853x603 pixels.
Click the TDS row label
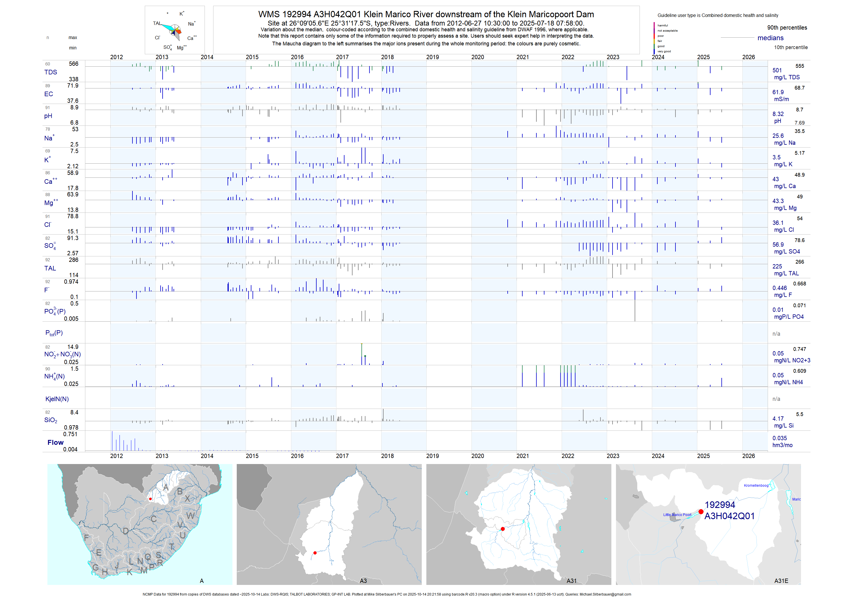click(51, 72)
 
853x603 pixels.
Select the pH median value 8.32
click(778, 114)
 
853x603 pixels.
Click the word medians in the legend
click(771, 38)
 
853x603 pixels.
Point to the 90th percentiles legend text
click(787, 28)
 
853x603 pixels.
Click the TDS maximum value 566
click(74, 64)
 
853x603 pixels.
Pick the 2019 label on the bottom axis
click(432, 456)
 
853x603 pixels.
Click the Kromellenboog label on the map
click(756, 485)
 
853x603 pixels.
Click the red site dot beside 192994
click(701, 512)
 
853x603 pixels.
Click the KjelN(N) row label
click(57, 399)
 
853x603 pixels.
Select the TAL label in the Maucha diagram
click(157, 23)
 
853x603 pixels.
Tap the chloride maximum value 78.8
click(73, 216)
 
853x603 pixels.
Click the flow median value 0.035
click(779, 438)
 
